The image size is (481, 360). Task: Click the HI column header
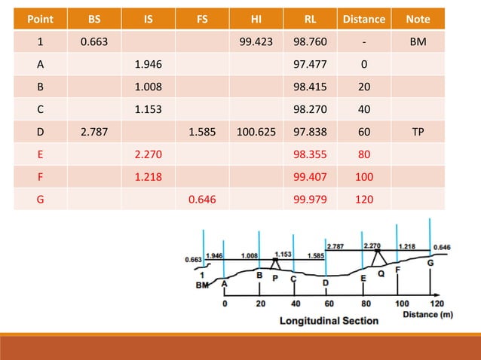(x=256, y=19)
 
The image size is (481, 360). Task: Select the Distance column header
(x=364, y=19)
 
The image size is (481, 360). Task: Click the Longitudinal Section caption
(x=329, y=320)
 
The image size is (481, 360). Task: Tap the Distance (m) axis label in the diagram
(x=427, y=313)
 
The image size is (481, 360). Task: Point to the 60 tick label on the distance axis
(x=328, y=304)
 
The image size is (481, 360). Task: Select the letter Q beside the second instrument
(x=381, y=273)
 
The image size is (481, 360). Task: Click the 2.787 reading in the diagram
(x=335, y=246)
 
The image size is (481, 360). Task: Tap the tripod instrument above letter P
(x=274, y=261)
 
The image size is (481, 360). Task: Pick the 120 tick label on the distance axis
(x=437, y=304)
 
